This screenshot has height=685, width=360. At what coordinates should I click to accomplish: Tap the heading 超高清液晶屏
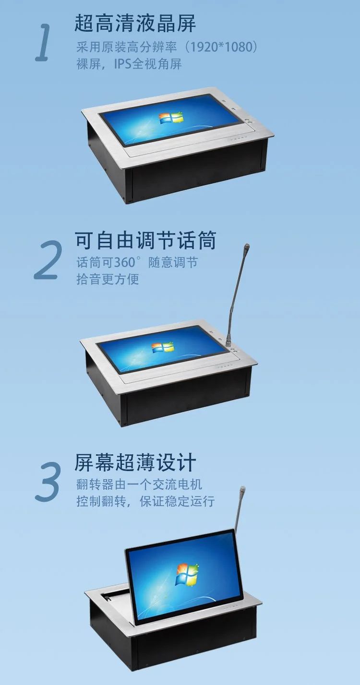pos(135,23)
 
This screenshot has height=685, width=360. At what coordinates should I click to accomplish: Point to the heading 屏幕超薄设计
pos(135,462)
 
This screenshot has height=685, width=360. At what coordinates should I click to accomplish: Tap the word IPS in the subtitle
pos(122,64)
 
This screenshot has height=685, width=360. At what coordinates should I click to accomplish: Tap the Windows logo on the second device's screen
pos(163,347)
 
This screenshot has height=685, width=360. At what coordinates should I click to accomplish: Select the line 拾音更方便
pos(108,279)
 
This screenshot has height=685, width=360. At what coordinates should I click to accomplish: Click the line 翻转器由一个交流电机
pos(139,484)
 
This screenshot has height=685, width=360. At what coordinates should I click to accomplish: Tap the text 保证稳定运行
pos(177,502)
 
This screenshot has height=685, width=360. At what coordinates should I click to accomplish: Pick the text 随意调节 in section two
pos(173,262)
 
